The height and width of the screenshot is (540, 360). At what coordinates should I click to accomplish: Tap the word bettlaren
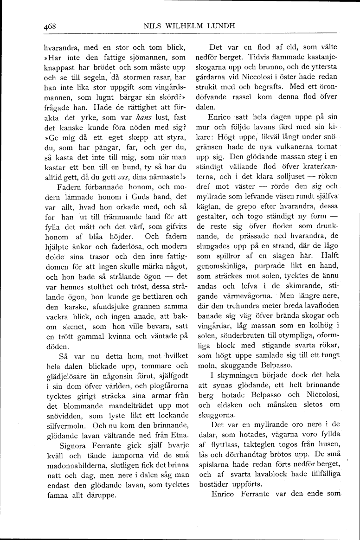149,296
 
